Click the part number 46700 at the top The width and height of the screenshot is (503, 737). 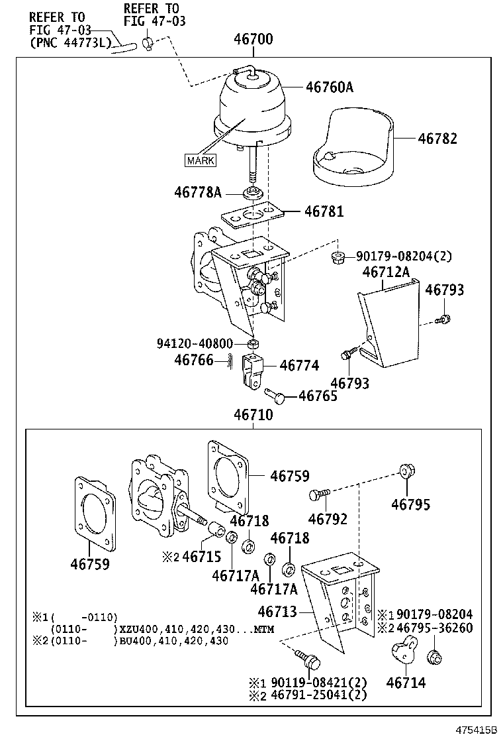pyautogui.click(x=253, y=38)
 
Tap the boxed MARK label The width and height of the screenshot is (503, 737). pyautogui.click(x=201, y=161)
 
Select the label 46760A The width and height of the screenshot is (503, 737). pyautogui.click(x=330, y=87)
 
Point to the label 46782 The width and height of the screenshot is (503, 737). pyautogui.click(x=437, y=138)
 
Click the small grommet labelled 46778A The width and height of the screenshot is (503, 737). pyautogui.click(x=253, y=193)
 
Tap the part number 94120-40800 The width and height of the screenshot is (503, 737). pyautogui.click(x=195, y=343)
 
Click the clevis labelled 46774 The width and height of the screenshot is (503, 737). pyautogui.click(x=252, y=371)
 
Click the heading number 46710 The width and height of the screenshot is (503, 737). pyautogui.click(x=253, y=415)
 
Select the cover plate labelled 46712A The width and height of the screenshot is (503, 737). pyautogui.click(x=389, y=323)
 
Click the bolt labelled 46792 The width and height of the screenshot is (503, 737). pyautogui.click(x=320, y=494)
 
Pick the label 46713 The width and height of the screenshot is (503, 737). pyautogui.click(x=277, y=612)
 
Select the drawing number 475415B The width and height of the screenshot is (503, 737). pyautogui.click(x=477, y=729)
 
